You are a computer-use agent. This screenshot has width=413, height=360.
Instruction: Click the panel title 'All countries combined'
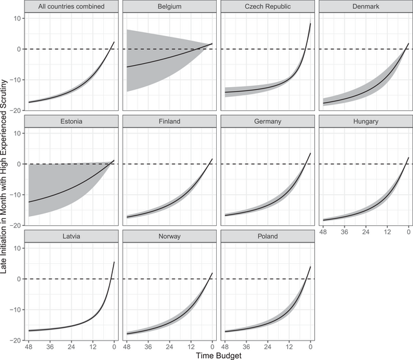(72, 6)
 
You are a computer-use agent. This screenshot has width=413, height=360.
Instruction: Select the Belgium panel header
(170, 6)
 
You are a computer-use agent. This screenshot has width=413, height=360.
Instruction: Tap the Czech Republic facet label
(267, 6)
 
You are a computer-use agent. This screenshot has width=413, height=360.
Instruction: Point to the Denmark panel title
(365, 6)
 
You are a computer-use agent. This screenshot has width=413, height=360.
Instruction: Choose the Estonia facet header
(72, 121)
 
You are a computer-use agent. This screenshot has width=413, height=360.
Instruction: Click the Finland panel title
(170, 121)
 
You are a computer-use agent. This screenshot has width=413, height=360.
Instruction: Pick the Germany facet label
(267, 121)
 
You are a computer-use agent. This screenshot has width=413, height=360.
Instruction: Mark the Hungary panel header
(365, 121)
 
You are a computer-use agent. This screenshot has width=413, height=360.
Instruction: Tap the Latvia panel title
(72, 236)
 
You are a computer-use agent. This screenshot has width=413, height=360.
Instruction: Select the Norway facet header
(170, 236)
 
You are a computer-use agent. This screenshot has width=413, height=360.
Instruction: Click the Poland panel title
(267, 236)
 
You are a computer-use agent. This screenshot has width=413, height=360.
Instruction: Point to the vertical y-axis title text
(5, 174)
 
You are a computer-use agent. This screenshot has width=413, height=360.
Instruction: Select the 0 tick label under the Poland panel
(310, 346)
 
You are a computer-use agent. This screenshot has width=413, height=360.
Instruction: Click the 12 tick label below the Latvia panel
(94, 346)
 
